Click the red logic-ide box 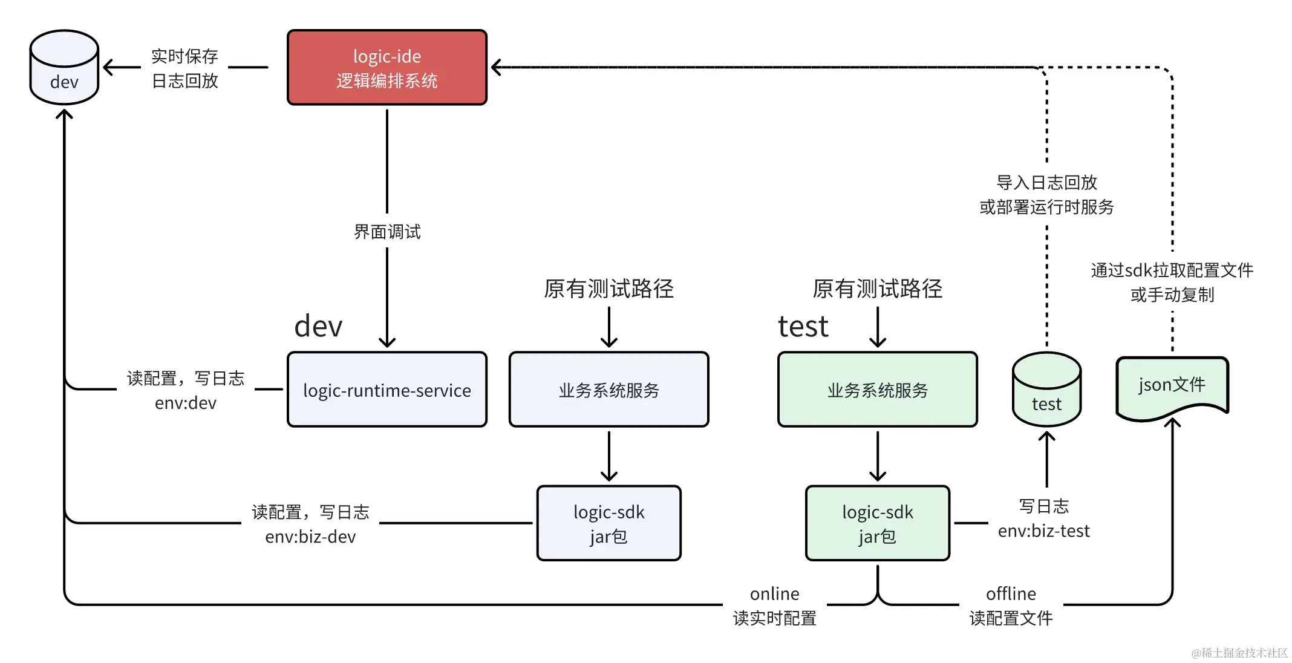click(x=387, y=68)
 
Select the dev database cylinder click(x=64, y=68)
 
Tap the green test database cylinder click(x=1046, y=390)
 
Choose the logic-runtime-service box click(x=387, y=390)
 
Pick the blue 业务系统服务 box click(x=608, y=390)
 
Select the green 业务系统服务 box click(x=877, y=390)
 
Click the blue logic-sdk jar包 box click(x=608, y=524)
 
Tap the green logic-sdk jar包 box click(x=877, y=524)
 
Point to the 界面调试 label click(x=387, y=232)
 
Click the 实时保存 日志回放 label click(x=184, y=68)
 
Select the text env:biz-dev click(x=310, y=537)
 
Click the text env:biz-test click(x=1043, y=531)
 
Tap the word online click(x=774, y=593)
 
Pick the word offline click(x=1011, y=593)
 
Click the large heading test click(x=803, y=327)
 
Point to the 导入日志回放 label click(x=1046, y=182)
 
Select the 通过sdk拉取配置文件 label click(x=1172, y=270)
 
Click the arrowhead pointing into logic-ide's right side click(x=497, y=68)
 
